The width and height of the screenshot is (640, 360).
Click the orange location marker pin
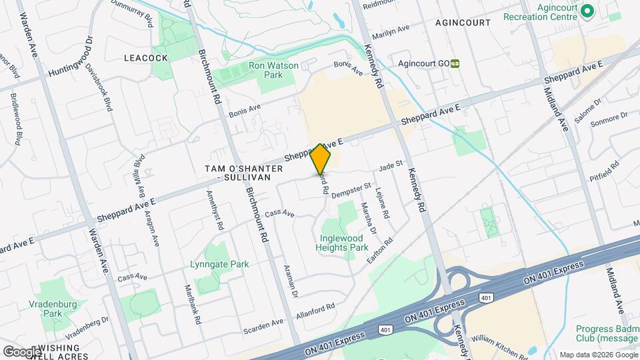[x=321, y=159]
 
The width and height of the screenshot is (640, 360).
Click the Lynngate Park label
[x=219, y=264]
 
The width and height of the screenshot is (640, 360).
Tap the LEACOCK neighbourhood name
[x=145, y=58]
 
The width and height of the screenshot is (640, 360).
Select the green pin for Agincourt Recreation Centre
[x=587, y=11]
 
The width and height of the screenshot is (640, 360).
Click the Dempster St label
[x=351, y=190]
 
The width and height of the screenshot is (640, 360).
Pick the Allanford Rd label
[x=315, y=311]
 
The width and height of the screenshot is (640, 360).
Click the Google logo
[x=22, y=351]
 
